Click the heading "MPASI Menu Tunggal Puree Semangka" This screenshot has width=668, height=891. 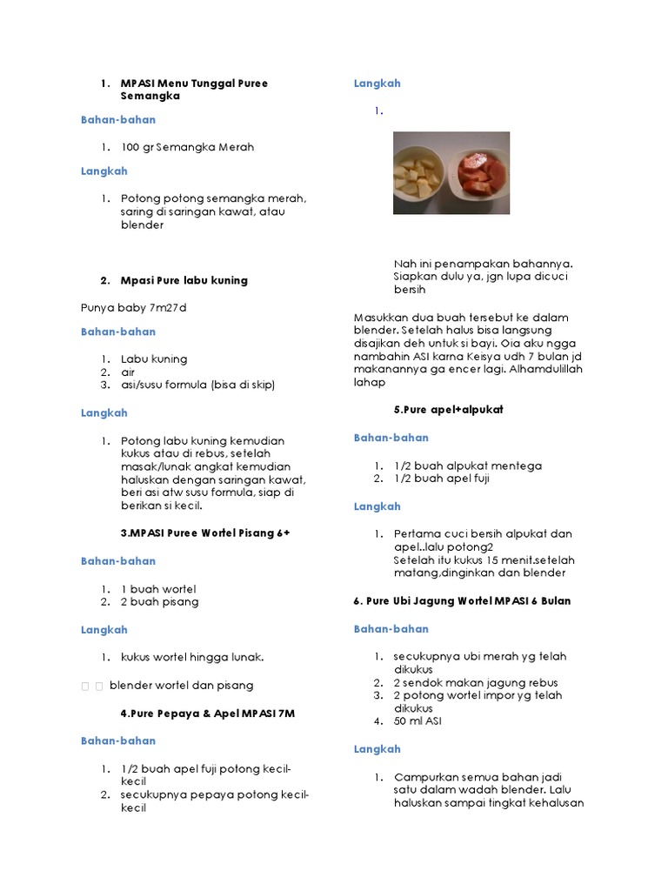pyautogui.click(x=194, y=90)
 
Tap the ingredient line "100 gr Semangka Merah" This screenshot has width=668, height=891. pyautogui.click(x=187, y=147)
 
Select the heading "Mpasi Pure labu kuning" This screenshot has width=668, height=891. pyautogui.click(x=184, y=280)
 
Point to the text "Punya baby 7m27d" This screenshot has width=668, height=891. pyautogui.click(x=134, y=307)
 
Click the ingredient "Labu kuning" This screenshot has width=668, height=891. pyautogui.click(x=154, y=358)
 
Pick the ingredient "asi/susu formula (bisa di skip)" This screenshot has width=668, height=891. pyautogui.click(x=203, y=385)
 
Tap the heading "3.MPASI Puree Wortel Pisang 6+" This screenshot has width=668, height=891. pyautogui.click(x=204, y=533)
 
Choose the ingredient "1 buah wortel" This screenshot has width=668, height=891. pyautogui.click(x=158, y=589)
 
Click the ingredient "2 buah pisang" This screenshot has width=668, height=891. pyautogui.click(x=159, y=602)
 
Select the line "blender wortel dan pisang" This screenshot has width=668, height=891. pyautogui.click(x=181, y=685)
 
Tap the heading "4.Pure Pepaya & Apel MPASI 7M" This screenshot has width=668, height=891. pyautogui.click(x=208, y=713)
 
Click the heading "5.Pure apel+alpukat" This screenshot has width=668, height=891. pyautogui.click(x=448, y=409)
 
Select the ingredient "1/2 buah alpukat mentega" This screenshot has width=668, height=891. pyautogui.click(x=467, y=466)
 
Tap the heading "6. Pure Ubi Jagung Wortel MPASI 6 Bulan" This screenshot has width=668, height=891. pyautogui.click(x=462, y=601)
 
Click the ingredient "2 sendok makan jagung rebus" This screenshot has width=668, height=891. pyautogui.click(x=475, y=683)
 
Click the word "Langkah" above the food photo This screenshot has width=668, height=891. pyautogui.click(x=377, y=84)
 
